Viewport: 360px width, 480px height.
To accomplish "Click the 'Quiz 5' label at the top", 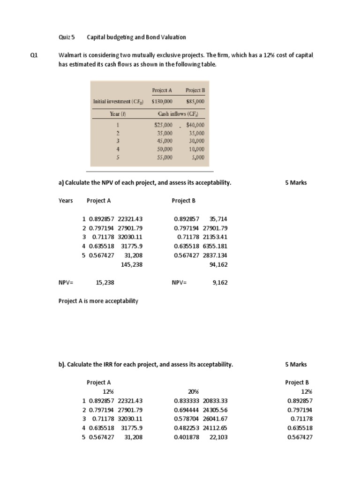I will pos(67,37).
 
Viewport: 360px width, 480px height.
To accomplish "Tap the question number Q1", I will pos(34,55).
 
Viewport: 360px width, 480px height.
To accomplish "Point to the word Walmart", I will pos(70,55).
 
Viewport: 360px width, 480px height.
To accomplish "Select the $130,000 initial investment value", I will pos(162,101).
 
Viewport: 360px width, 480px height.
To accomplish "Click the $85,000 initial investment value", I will pos(195,101).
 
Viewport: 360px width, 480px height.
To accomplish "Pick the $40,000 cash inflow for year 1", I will pos(195,125).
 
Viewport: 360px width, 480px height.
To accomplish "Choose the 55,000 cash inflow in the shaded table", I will pos(164,157).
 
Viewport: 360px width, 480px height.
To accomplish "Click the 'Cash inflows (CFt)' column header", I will pos(178,114).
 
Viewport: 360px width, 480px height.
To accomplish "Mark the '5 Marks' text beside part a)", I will pos(296,183).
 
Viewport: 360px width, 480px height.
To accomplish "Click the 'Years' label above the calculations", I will pos(66,201).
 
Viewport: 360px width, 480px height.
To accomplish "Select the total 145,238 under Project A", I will pos(131,264).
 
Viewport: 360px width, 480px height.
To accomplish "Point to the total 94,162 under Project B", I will pos(218,264).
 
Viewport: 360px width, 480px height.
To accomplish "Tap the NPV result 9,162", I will pos(220,283).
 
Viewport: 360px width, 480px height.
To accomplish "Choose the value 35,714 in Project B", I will pos(218,219).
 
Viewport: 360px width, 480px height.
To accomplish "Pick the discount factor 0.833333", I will pos(186,401).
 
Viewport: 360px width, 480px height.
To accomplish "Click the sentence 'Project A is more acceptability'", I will pos(98,301).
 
